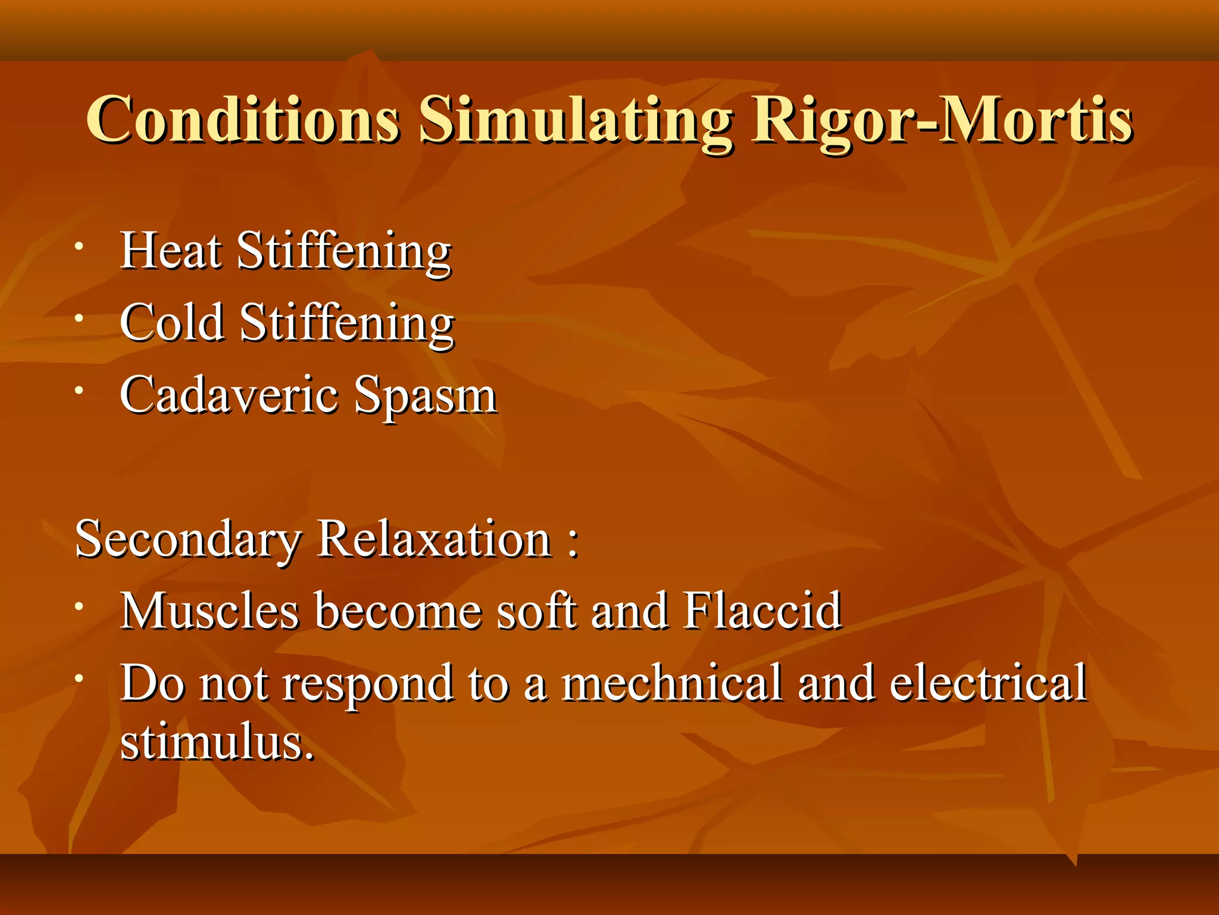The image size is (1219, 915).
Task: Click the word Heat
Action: click(x=171, y=251)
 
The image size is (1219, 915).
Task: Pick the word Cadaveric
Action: click(x=229, y=395)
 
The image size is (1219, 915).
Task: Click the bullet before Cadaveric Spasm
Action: click(x=79, y=391)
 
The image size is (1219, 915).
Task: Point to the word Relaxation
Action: click(x=434, y=539)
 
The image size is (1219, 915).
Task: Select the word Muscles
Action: click(x=210, y=611)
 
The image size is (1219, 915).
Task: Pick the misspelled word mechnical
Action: click(x=671, y=683)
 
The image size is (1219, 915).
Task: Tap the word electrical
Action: click(x=988, y=683)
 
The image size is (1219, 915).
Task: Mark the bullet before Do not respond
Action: click(x=79, y=679)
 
